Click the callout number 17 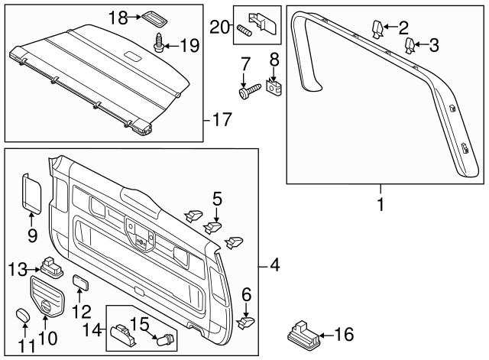(221, 120)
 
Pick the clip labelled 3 (410, 44)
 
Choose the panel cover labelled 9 (32, 192)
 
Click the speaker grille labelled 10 (48, 296)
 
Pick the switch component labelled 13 (53, 267)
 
